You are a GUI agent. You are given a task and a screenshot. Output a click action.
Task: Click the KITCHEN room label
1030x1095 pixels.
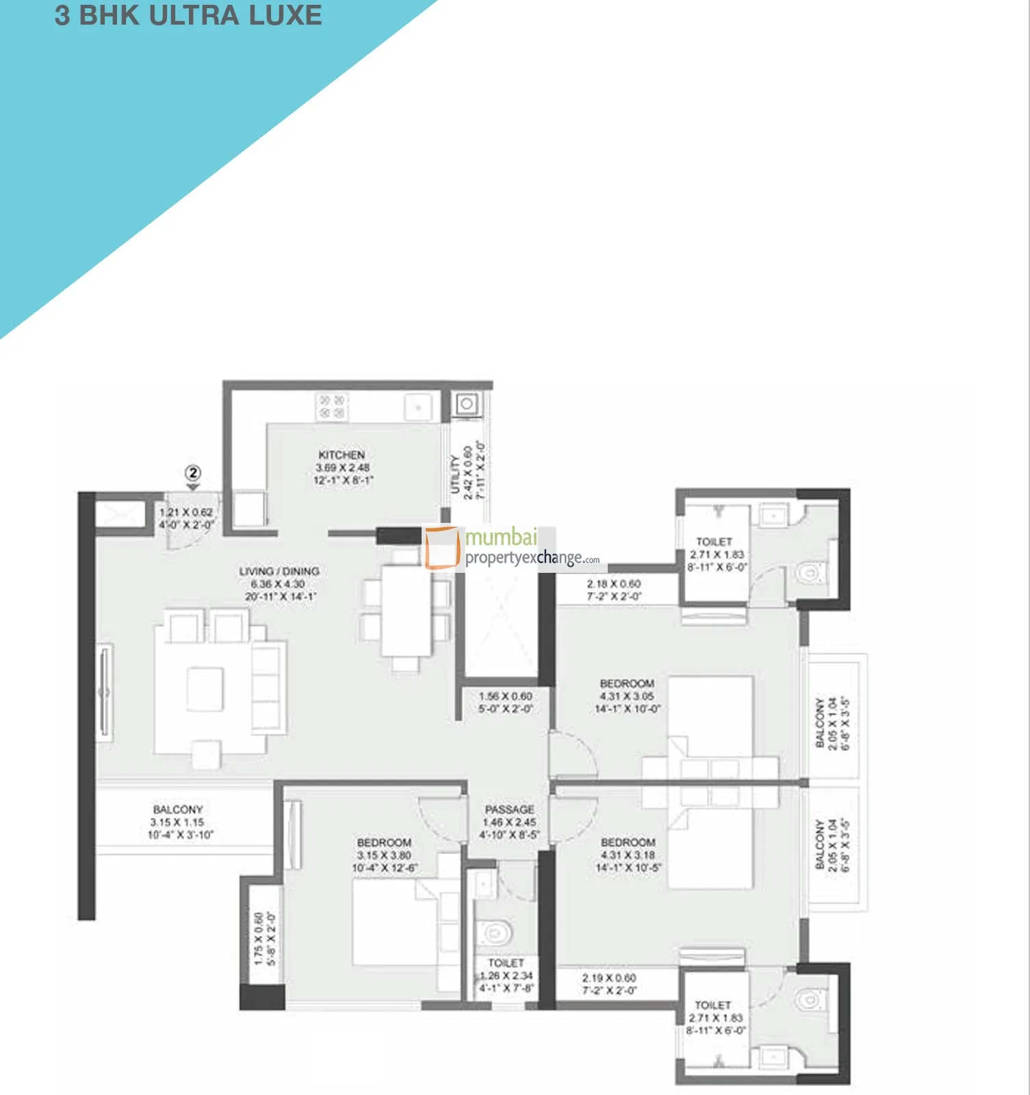click(x=342, y=455)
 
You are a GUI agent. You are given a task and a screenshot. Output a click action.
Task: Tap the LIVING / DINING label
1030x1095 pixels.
click(x=279, y=571)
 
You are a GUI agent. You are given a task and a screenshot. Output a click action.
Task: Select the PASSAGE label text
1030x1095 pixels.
click(x=509, y=810)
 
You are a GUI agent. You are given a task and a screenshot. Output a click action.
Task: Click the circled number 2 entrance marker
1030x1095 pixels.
click(x=194, y=473)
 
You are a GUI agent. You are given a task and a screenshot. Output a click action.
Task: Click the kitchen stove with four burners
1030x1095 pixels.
click(x=332, y=407)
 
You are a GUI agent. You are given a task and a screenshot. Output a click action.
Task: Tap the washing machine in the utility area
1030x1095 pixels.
click(x=467, y=404)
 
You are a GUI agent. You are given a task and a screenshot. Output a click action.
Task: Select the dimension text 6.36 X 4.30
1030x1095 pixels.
click(x=278, y=584)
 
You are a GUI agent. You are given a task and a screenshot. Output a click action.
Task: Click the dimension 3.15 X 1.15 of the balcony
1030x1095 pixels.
click(x=177, y=823)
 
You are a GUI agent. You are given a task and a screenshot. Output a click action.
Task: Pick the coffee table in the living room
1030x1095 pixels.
click(x=205, y=689)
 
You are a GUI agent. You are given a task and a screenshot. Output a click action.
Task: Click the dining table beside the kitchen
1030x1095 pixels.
click(x=407, y=610)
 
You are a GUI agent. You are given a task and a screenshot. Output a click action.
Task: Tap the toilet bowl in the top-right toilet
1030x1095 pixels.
click(x=810, y=572)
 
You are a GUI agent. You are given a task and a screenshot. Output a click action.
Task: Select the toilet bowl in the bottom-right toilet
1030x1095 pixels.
click(x=809, y=1001)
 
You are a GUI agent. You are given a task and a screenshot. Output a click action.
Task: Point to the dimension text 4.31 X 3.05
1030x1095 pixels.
click(x=627, y=697)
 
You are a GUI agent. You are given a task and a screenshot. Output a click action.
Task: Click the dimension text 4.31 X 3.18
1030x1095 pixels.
click(x=628, y=855)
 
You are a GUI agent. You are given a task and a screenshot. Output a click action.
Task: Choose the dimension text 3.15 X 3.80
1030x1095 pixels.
click(x=384, y=855)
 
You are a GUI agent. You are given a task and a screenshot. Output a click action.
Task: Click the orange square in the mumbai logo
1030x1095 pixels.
click(x=441, y=547)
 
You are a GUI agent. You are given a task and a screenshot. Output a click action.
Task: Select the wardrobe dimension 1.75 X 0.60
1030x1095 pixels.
click(x=259, y=939)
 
